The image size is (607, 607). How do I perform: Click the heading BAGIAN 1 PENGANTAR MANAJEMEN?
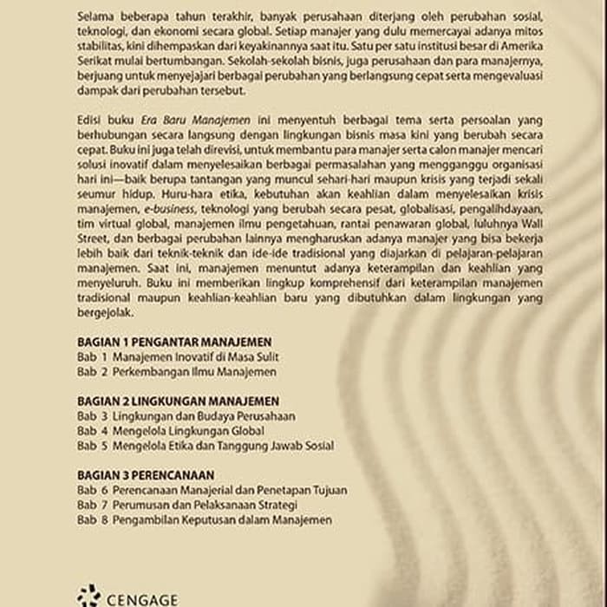173,342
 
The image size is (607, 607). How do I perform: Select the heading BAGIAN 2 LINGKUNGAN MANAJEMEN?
178,401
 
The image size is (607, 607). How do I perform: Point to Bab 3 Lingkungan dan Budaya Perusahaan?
186,416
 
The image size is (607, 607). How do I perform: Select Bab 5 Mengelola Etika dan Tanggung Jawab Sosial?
205,446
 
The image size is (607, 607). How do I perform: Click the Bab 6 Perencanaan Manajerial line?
212,490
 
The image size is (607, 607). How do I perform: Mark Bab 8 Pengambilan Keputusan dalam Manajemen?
204,519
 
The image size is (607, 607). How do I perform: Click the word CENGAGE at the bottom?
142,599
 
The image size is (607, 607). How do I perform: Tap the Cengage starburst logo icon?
88,597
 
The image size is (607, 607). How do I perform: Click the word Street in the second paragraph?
92,238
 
